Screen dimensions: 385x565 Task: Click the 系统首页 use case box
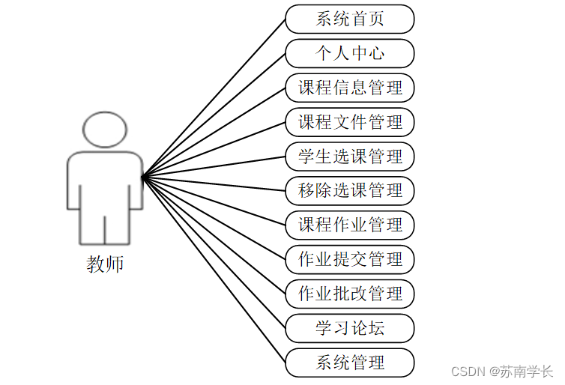coord(350,19)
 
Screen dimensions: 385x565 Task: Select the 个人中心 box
coord(350,53)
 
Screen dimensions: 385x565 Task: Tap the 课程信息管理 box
coord(350,88)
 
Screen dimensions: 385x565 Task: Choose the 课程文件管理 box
coord(350,122)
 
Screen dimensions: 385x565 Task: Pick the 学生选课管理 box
coord(350,157)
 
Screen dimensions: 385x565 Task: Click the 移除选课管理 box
coord(350,190)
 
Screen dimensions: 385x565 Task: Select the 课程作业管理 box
coord(350,225)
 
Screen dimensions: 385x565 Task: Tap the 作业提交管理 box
coord(350,259)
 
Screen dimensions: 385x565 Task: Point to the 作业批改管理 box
coord(350,294)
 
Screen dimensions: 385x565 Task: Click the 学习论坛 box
coord(350,328)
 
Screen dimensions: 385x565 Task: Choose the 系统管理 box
coord(350,363)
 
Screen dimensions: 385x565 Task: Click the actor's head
coord(105,130)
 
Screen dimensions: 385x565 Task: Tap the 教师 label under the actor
coord(105,264)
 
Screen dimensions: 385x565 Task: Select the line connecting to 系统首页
coord(214,98)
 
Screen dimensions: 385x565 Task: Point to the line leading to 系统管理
coord(214,270)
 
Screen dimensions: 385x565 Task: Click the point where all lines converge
coord(142,177)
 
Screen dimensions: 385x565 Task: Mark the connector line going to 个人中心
coord(214,115)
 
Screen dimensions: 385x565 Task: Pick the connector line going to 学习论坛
coord(214,252)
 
